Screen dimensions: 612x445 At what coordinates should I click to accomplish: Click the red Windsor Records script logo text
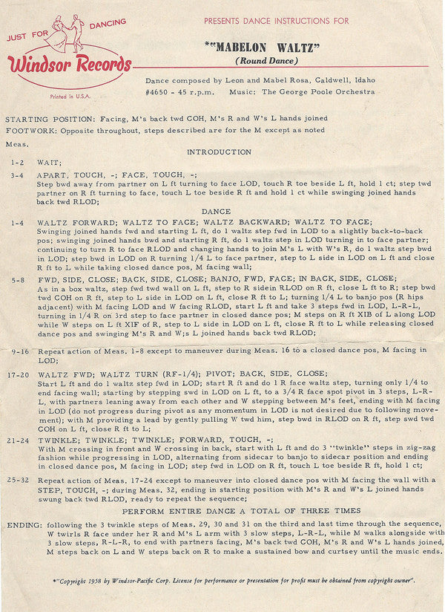(x=70, y=65)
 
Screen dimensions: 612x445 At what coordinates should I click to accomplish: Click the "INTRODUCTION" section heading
(x=219, y=152)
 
